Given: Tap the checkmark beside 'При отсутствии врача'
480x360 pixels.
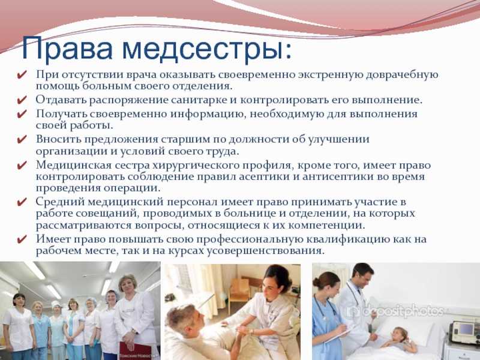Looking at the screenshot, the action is click(x=22, y=74).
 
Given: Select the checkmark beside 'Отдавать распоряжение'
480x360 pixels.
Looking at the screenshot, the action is click(x=22, y=100).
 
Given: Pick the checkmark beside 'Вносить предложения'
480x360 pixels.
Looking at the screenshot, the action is click(x=22, y=140).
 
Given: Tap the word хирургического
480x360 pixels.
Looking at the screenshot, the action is click(x=197, y=166).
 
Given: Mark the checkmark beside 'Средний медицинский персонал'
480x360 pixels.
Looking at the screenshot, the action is click(x=22, y=202).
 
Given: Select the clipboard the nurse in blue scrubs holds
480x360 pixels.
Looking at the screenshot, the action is click(x=339, y=335).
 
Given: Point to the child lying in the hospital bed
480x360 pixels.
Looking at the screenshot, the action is click(x=398, y=339).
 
